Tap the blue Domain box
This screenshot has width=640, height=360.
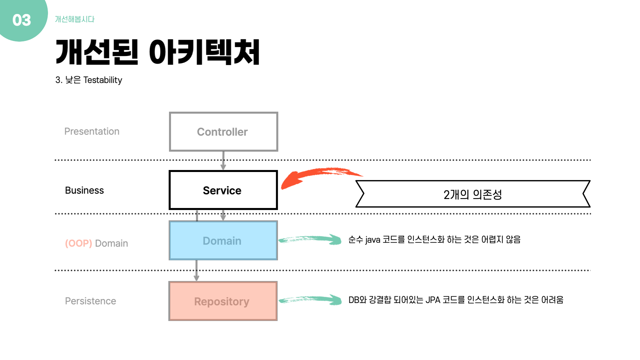point(223,240)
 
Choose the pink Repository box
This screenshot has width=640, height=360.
point(223,301)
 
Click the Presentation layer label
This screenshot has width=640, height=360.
point(92,131)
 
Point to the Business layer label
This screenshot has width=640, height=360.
point(84,190)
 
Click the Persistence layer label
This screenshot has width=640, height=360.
point(90,301)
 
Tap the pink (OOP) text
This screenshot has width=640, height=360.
point(78,243)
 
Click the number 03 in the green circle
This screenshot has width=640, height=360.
point(22,20)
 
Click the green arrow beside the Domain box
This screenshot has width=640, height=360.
point(310,239)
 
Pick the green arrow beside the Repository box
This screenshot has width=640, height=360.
point(310,300)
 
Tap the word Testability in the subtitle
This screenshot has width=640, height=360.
point(103,80)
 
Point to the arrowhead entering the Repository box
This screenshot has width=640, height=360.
point(196,278)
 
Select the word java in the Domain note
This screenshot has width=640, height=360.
point(373,240)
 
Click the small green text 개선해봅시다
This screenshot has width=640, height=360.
point(75,19)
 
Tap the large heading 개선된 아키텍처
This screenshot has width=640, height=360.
point(157,52)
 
